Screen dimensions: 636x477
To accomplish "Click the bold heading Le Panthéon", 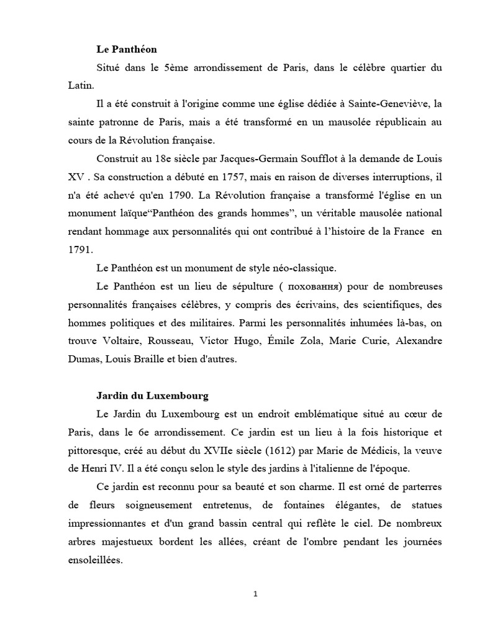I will (125, 48).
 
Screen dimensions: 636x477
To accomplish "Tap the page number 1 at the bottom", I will (255, 594).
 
